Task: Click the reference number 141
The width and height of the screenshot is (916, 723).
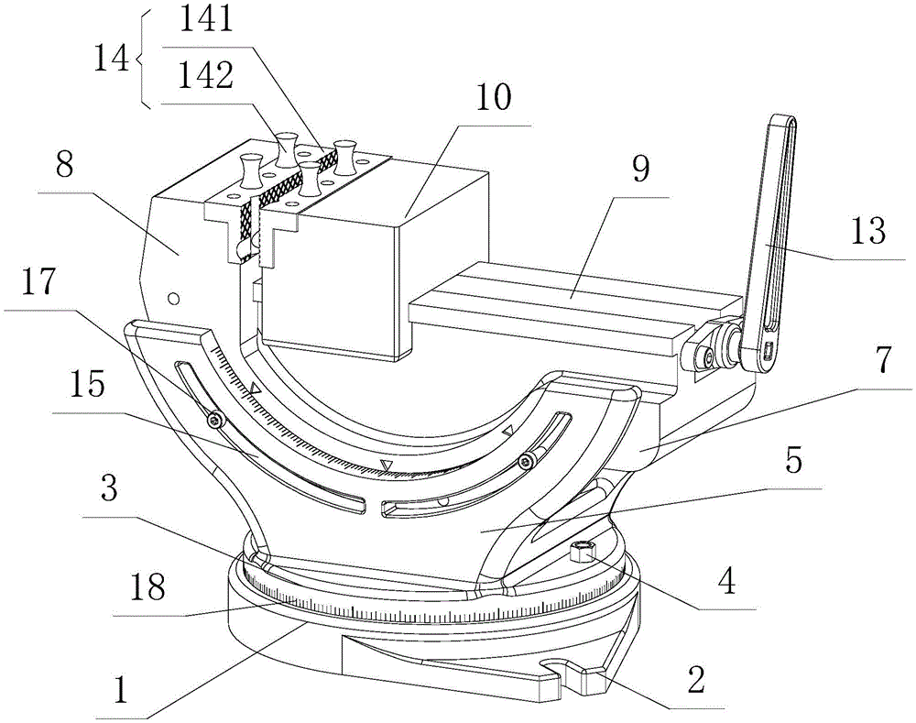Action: click(x=206, y=19)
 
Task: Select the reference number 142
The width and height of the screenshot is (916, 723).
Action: click(x=205, y=75)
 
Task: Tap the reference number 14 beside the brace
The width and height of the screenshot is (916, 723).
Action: click(x=112, y=59)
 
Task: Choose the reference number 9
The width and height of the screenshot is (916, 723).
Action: click(x=640, y=170)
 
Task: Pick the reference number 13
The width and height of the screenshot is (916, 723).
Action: click(x=868, y=232)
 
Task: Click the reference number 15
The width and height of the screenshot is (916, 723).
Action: click(x=87, y=386)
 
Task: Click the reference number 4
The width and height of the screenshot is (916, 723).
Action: click(x=726, y=582)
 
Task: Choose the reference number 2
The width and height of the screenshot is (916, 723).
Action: click(x=696, y=680)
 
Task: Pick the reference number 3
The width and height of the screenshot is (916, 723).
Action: click(x=109, y=488)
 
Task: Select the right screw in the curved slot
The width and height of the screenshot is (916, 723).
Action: click(x=529, y=461)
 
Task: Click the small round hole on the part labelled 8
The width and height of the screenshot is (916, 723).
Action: click(x=172, y=300)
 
